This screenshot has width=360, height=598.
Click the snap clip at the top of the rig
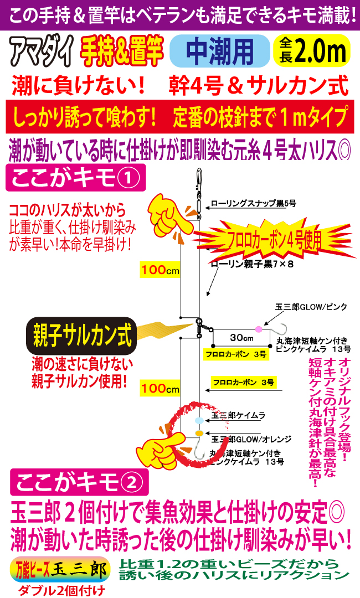[198, 180]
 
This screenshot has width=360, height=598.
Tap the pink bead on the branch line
[258, 329]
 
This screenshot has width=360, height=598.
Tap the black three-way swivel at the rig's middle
[198, 323]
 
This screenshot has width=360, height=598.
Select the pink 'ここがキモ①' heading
[73, 178]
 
